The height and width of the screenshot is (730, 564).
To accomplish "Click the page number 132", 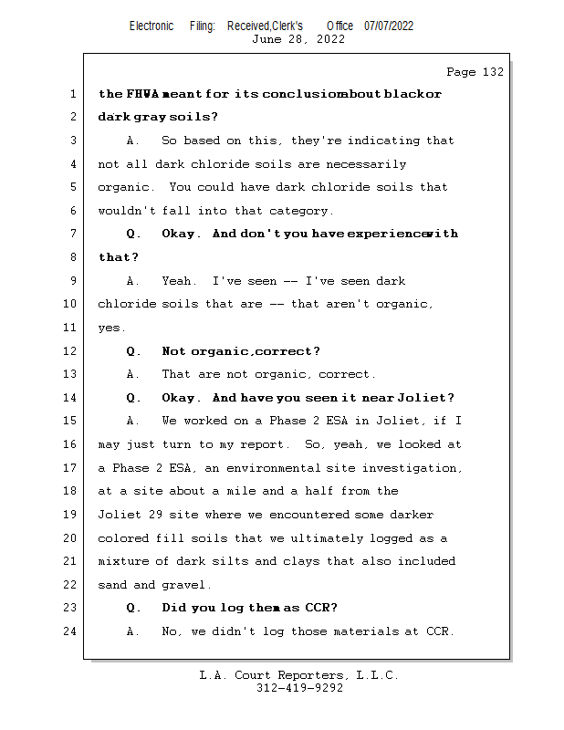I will (x=491, y=72).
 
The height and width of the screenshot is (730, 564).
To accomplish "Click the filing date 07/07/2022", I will (x=389, y=26).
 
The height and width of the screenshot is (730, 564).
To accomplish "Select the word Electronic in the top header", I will (x=151, y=26).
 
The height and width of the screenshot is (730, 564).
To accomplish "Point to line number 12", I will (x=71, y=351).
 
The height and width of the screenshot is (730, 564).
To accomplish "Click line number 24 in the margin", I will (x=71, y=631).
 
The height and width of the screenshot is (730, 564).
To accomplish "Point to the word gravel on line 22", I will (x=187, y=585).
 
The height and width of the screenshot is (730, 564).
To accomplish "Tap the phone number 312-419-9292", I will (x=299, y=689).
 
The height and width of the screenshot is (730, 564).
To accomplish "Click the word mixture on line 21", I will (x=123, y=561).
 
